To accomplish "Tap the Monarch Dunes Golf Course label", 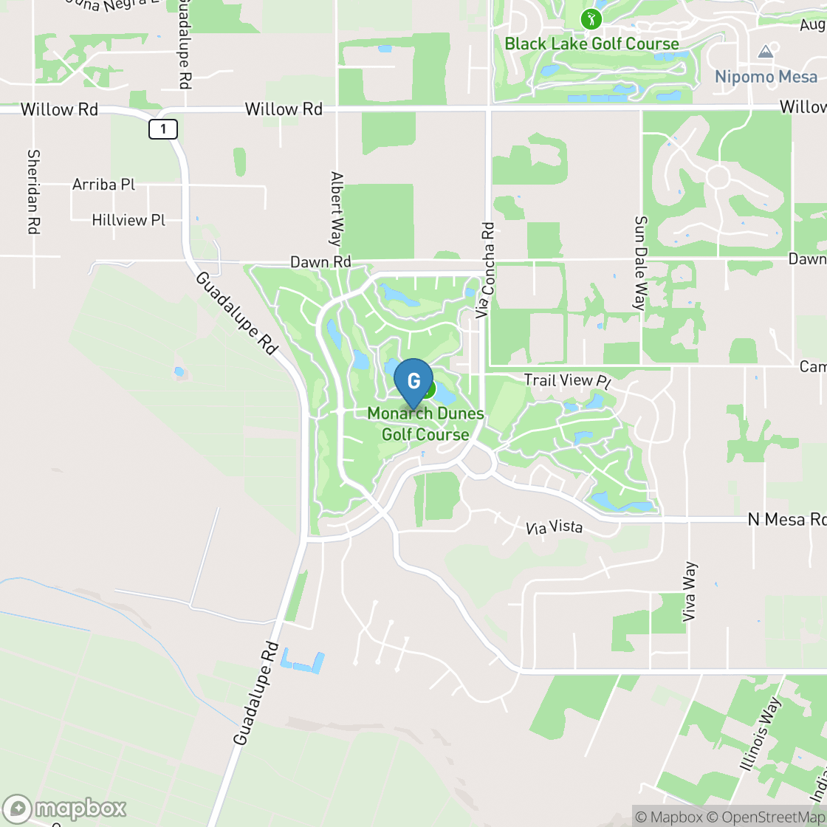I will click(x=425, y=424).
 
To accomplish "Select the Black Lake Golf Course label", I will click(x=591, y=44).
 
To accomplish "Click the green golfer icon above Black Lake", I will click(x=591, y=19).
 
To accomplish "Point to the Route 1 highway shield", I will click(x=163, y=130).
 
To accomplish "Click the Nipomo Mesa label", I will click(x=766, y=77).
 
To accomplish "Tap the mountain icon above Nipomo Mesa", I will click(x=766, y=52).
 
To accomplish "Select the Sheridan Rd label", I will click(x=32, y=192).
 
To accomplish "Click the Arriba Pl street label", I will click(x=103, y=184).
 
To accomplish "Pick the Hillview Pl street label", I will click(x=128, y=220).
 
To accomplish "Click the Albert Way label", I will click(x=337, y=209).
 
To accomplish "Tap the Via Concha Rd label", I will click(x=485, y=270).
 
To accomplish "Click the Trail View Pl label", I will click(x=568, y=381).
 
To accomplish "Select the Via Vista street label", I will click(x=554, y=528).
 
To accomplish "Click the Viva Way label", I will click(x=690, y=591).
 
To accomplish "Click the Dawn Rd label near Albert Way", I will click(x=320, y=262).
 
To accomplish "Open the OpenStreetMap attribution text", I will click(x=768, y=817).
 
